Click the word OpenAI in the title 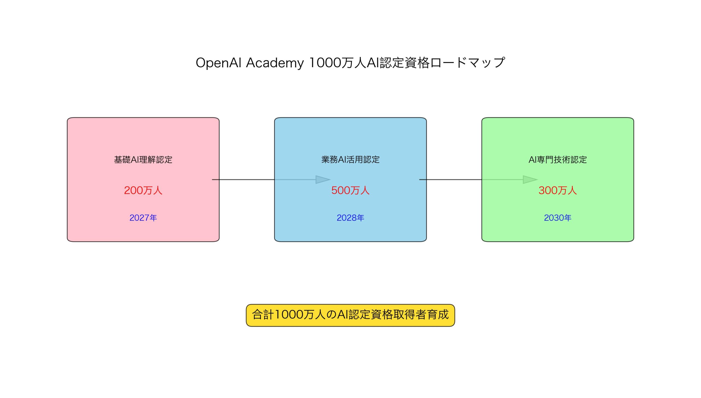[218, 63]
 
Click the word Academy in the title [275, 63]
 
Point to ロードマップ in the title [468, 63]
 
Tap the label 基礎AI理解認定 [143, 159]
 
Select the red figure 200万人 [143, 190]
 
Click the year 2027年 [143, 218]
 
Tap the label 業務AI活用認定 [350, 159]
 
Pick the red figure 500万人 [350, 190]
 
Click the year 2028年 [350, 218]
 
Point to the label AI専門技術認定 [558, 159]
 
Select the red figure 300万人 [558, 190]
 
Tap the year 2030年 [558, 218]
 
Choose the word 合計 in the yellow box [263, 315]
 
